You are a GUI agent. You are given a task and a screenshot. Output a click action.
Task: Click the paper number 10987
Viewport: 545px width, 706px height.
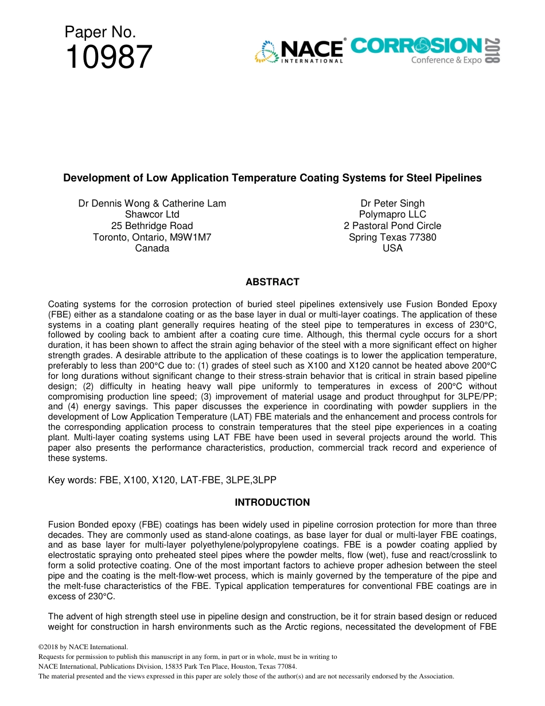point(109,57)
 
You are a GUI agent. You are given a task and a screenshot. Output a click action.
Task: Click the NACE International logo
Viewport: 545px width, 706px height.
point(299,51)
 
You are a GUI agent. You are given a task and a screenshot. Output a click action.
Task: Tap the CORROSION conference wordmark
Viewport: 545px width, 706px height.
point(416,46)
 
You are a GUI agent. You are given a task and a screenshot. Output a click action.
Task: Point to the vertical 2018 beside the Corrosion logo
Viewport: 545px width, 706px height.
point(492,51)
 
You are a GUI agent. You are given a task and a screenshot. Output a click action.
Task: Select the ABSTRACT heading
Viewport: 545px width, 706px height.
point(272,282)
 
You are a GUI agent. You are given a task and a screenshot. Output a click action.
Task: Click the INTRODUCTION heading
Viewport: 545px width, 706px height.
point(272,502)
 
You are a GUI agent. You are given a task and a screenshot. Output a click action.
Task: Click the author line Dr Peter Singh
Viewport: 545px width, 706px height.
point(392,203)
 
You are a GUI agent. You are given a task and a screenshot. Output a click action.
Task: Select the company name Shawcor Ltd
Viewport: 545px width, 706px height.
point(152,215)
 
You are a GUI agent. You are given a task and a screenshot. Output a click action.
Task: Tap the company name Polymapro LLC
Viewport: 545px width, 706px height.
point(392,215)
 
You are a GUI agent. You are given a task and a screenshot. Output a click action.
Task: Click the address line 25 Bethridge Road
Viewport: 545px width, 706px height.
point(152,226)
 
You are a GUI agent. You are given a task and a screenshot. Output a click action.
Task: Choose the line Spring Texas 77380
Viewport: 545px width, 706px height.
point(392,237)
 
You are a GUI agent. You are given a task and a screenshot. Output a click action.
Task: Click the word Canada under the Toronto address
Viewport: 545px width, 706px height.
point(152,248)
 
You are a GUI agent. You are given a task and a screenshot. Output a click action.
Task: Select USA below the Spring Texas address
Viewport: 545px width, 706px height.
point(392,248)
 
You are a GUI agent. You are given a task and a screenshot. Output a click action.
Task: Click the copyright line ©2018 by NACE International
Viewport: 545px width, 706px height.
point(79,647)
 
